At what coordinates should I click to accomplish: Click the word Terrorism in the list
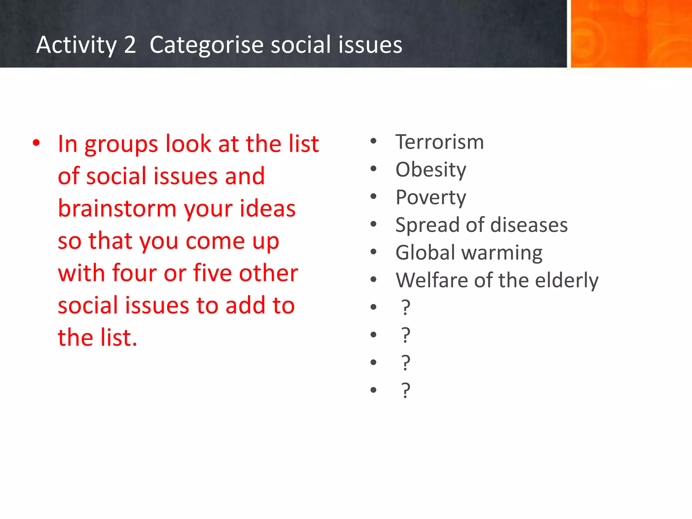tap(439, 142)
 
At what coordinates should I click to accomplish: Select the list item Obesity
tap(431, 170)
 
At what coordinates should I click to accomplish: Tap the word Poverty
tap(431, 198)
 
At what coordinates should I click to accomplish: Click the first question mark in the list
tap(405, 308)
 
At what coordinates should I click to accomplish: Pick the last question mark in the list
tap(405, 391)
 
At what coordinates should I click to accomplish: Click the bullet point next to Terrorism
tap(373, 141)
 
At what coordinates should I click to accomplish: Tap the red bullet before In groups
tap(36, 143)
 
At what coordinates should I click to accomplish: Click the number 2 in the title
tap(130, 45)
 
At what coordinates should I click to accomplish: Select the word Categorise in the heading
tap(206, 45)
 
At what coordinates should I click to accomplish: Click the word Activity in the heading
tap(76, 45)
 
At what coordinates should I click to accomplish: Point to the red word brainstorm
tap(117, 208)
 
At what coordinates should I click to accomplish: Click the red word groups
tap(121, 145)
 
